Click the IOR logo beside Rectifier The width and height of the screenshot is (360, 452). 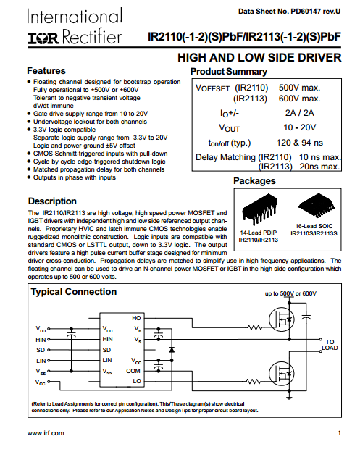click(x=43, y=38)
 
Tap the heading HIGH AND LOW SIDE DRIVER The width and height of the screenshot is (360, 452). click(x=259, y=58)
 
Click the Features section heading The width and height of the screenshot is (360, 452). click(x=46, y=71)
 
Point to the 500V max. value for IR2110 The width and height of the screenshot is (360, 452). click(x=299, y=88)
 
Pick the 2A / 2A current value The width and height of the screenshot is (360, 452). click(x=299, y=113)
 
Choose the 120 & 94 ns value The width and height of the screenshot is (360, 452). click(x=300, y=143)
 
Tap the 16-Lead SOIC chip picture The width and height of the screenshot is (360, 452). click(x=317, y=206)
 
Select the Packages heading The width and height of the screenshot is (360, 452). click(x=254, y=181)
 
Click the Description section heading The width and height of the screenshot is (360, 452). click(x=52, y=201)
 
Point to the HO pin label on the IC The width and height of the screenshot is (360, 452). click(x=136, y=318)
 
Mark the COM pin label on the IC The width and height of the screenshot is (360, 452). click(x=133, y=371)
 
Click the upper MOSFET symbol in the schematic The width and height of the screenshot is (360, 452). click(x=281, y=319)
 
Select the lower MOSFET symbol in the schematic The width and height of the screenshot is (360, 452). click(x=281, y=374)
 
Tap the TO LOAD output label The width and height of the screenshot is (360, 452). click(x=330, y=345)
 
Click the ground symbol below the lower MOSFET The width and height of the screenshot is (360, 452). click(x=289, y=398)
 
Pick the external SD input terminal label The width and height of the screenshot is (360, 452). click(x=41, y=350)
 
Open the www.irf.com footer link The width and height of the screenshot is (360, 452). click(x=46, y=433)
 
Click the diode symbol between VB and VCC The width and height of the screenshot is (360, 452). click(x=172, y=350)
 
